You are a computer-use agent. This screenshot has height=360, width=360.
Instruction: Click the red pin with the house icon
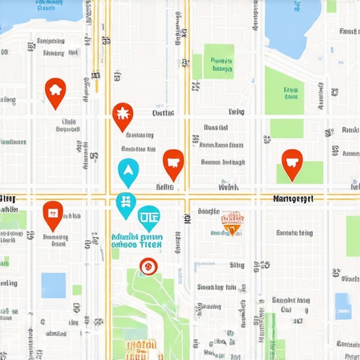click(x=55, y=91)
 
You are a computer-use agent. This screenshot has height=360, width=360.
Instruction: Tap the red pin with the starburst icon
click(x=122, y=115)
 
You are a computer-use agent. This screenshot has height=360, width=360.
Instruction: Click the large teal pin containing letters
click(x=149, y=219)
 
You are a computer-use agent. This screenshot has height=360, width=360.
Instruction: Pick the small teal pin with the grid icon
click(x=126, y=202)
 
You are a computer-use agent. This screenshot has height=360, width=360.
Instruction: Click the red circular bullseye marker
click(x=147, y=266)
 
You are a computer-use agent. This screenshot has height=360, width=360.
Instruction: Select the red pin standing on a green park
click(x=292, y=164)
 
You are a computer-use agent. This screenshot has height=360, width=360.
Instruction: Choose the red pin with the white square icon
click(x=52, y=213)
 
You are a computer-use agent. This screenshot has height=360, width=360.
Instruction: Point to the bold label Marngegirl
click(x=292, y=199)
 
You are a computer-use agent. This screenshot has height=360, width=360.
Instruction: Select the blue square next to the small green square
click(x=53, y=285)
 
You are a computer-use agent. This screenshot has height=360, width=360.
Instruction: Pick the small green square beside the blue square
click(x=77, y=290)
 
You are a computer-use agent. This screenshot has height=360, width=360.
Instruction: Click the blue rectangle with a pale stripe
click(x=342, y=306)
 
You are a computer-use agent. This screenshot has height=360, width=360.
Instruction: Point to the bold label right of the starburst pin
click(x=163, y=112)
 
